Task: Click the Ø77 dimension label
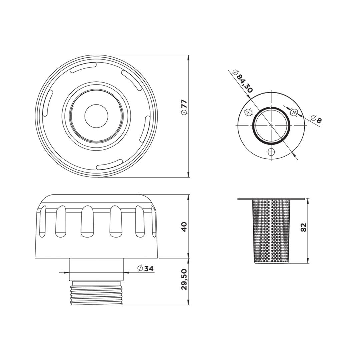184,107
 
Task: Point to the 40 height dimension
184,227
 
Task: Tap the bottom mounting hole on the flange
271,152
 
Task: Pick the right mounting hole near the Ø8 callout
294,113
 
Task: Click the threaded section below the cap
96,294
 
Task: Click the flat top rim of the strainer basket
271,199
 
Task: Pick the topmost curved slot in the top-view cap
83,68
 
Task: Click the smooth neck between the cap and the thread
96,269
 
